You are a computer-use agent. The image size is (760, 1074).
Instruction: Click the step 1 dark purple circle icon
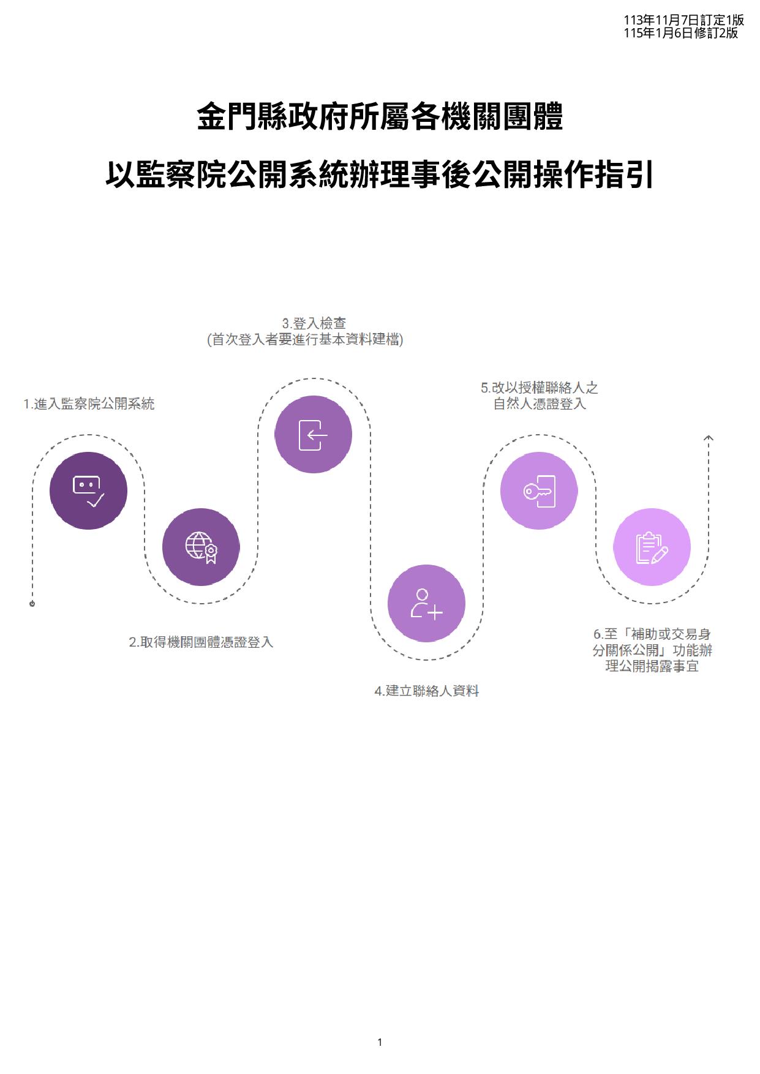click(x=88, y=490)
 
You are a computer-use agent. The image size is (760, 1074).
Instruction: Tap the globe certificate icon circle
click(x=201, y=547)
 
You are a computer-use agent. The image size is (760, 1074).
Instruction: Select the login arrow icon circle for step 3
click(x=313, y=434)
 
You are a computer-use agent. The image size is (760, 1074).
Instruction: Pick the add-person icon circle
click(x=426, y=603)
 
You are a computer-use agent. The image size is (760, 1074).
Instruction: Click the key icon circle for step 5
click(x=539, y=490)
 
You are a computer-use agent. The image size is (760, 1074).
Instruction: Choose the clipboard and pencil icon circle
click(x=652, y=547)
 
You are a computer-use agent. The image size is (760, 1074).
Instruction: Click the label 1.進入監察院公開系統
click(x=89, y=404)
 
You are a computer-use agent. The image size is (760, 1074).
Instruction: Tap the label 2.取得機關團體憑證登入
click(x=201, y=642)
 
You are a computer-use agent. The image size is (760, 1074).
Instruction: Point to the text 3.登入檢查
click(x=314, y=323)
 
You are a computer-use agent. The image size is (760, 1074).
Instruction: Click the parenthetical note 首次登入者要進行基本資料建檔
click(x=305, y=339)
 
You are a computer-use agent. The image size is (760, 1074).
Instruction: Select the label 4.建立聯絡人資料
click(x=426, y=691)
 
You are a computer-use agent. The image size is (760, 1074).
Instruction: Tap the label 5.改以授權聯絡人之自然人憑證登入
click(x=539, y=396)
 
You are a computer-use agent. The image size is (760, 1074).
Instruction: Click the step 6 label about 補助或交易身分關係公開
click(x=652, y=650)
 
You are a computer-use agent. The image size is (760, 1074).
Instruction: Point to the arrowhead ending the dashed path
click(x=709, y=438)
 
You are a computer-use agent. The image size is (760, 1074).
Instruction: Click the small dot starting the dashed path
click(x=32, y=604)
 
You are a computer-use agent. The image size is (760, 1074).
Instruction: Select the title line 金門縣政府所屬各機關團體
click(x=380, y=117)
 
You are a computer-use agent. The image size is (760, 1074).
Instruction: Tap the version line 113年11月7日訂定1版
click(x=683, y=21)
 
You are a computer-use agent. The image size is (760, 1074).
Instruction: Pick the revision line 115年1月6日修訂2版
click(x=680, y=33)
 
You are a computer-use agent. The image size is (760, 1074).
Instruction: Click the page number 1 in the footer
click(x=380, y=1042)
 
